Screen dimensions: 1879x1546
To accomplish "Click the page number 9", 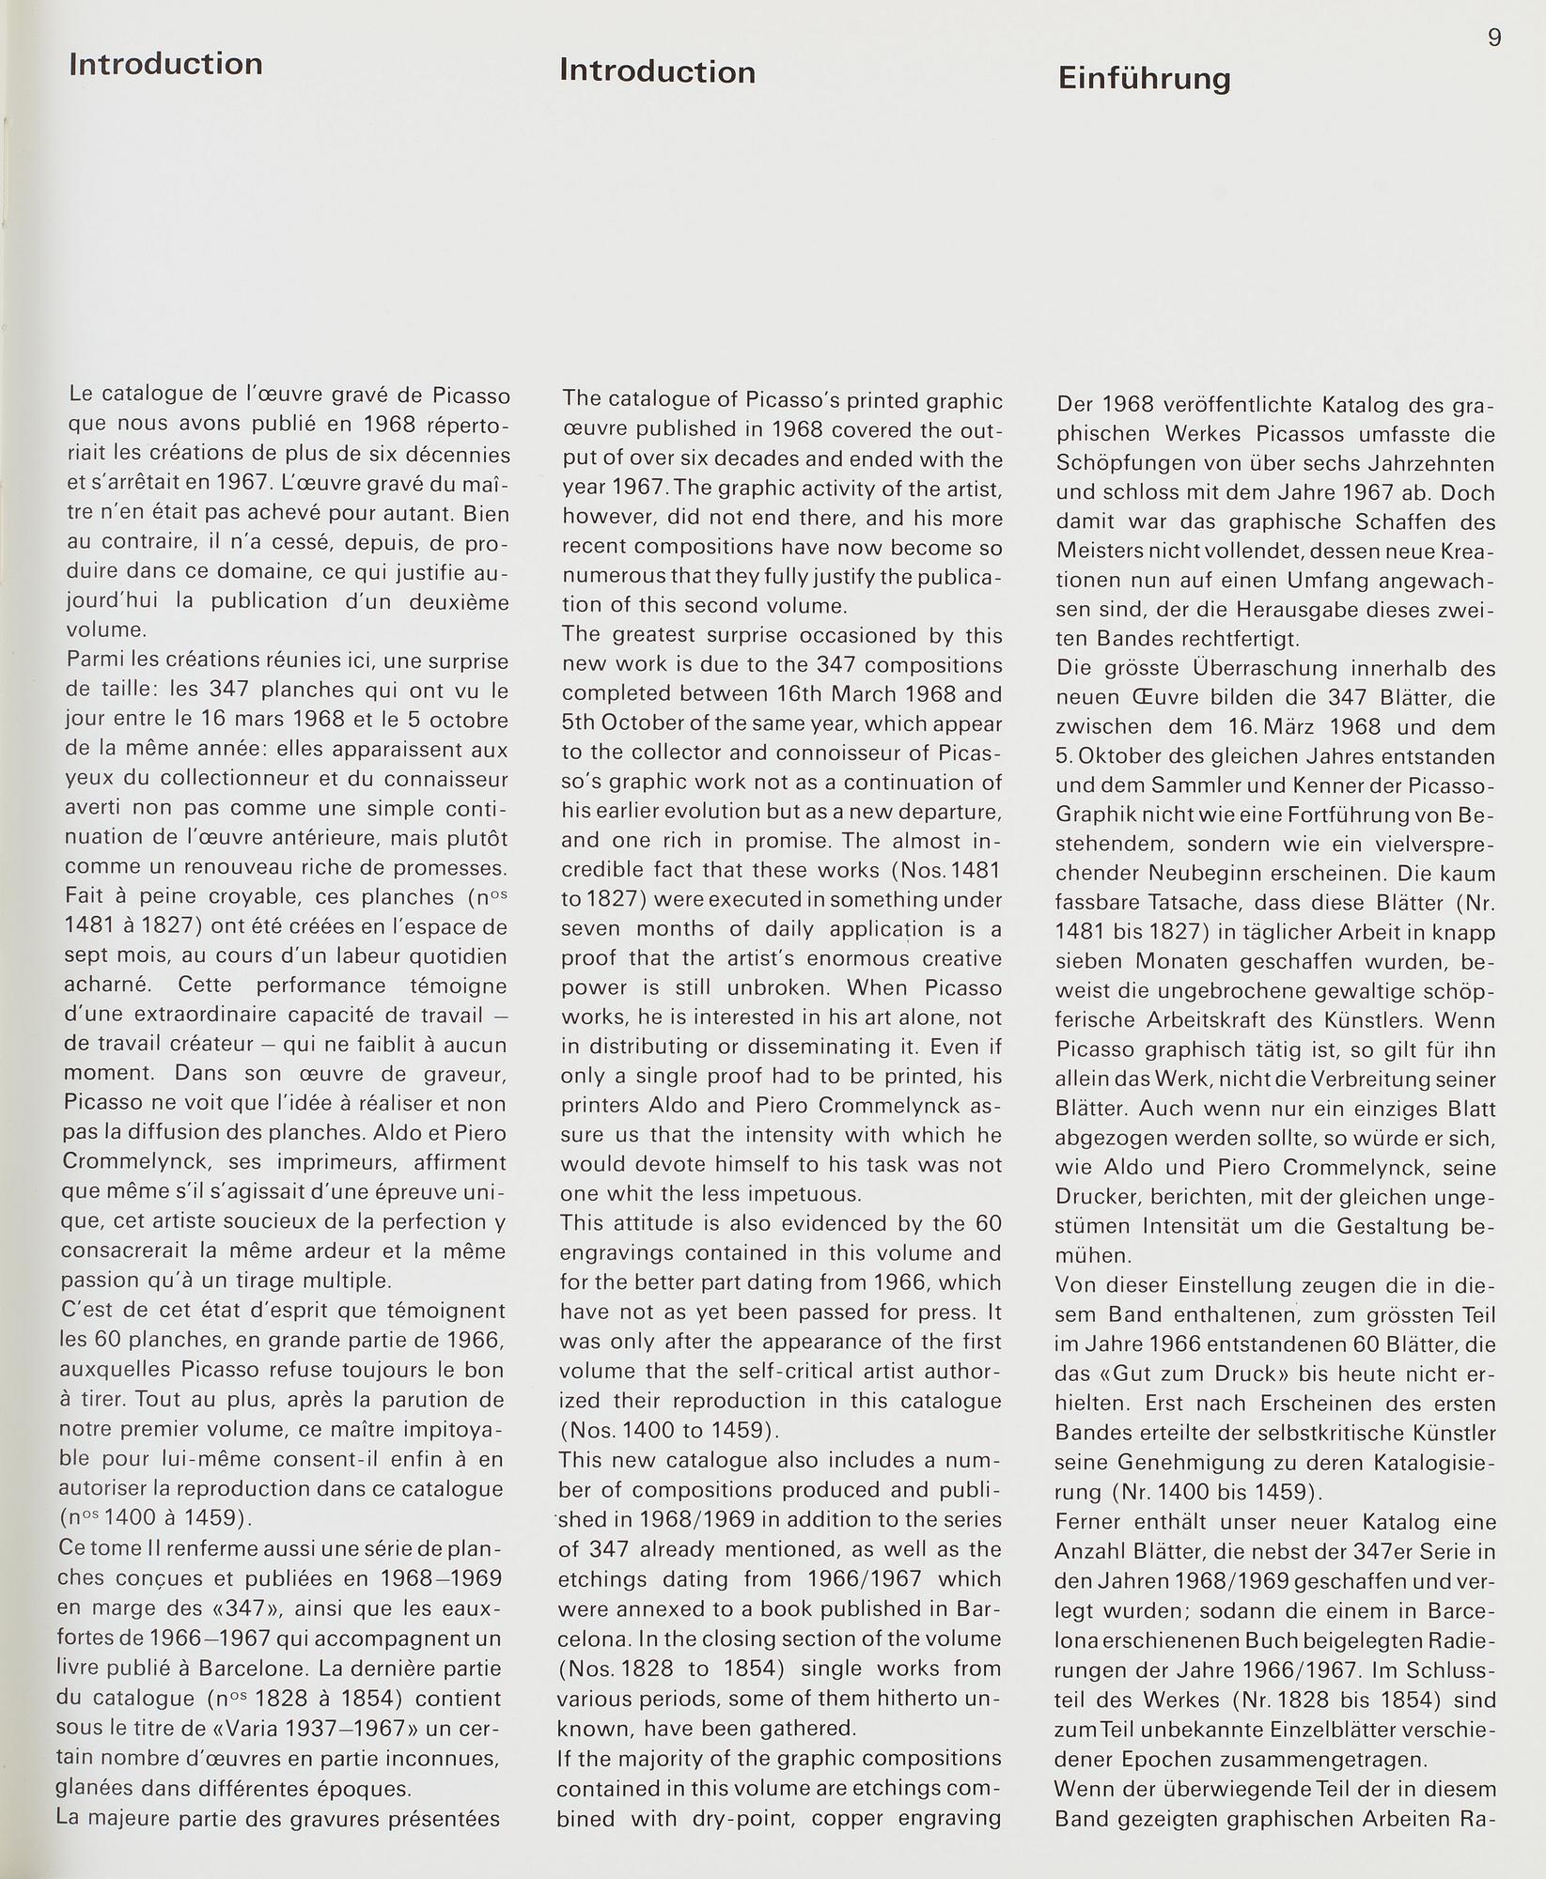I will click(x=1494, y=39).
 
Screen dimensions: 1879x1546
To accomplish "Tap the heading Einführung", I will click(x=1144, y=79).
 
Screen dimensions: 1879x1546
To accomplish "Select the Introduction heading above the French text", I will click(x=165, y=64).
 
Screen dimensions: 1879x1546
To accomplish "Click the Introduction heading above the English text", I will click(x=657, y=72).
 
